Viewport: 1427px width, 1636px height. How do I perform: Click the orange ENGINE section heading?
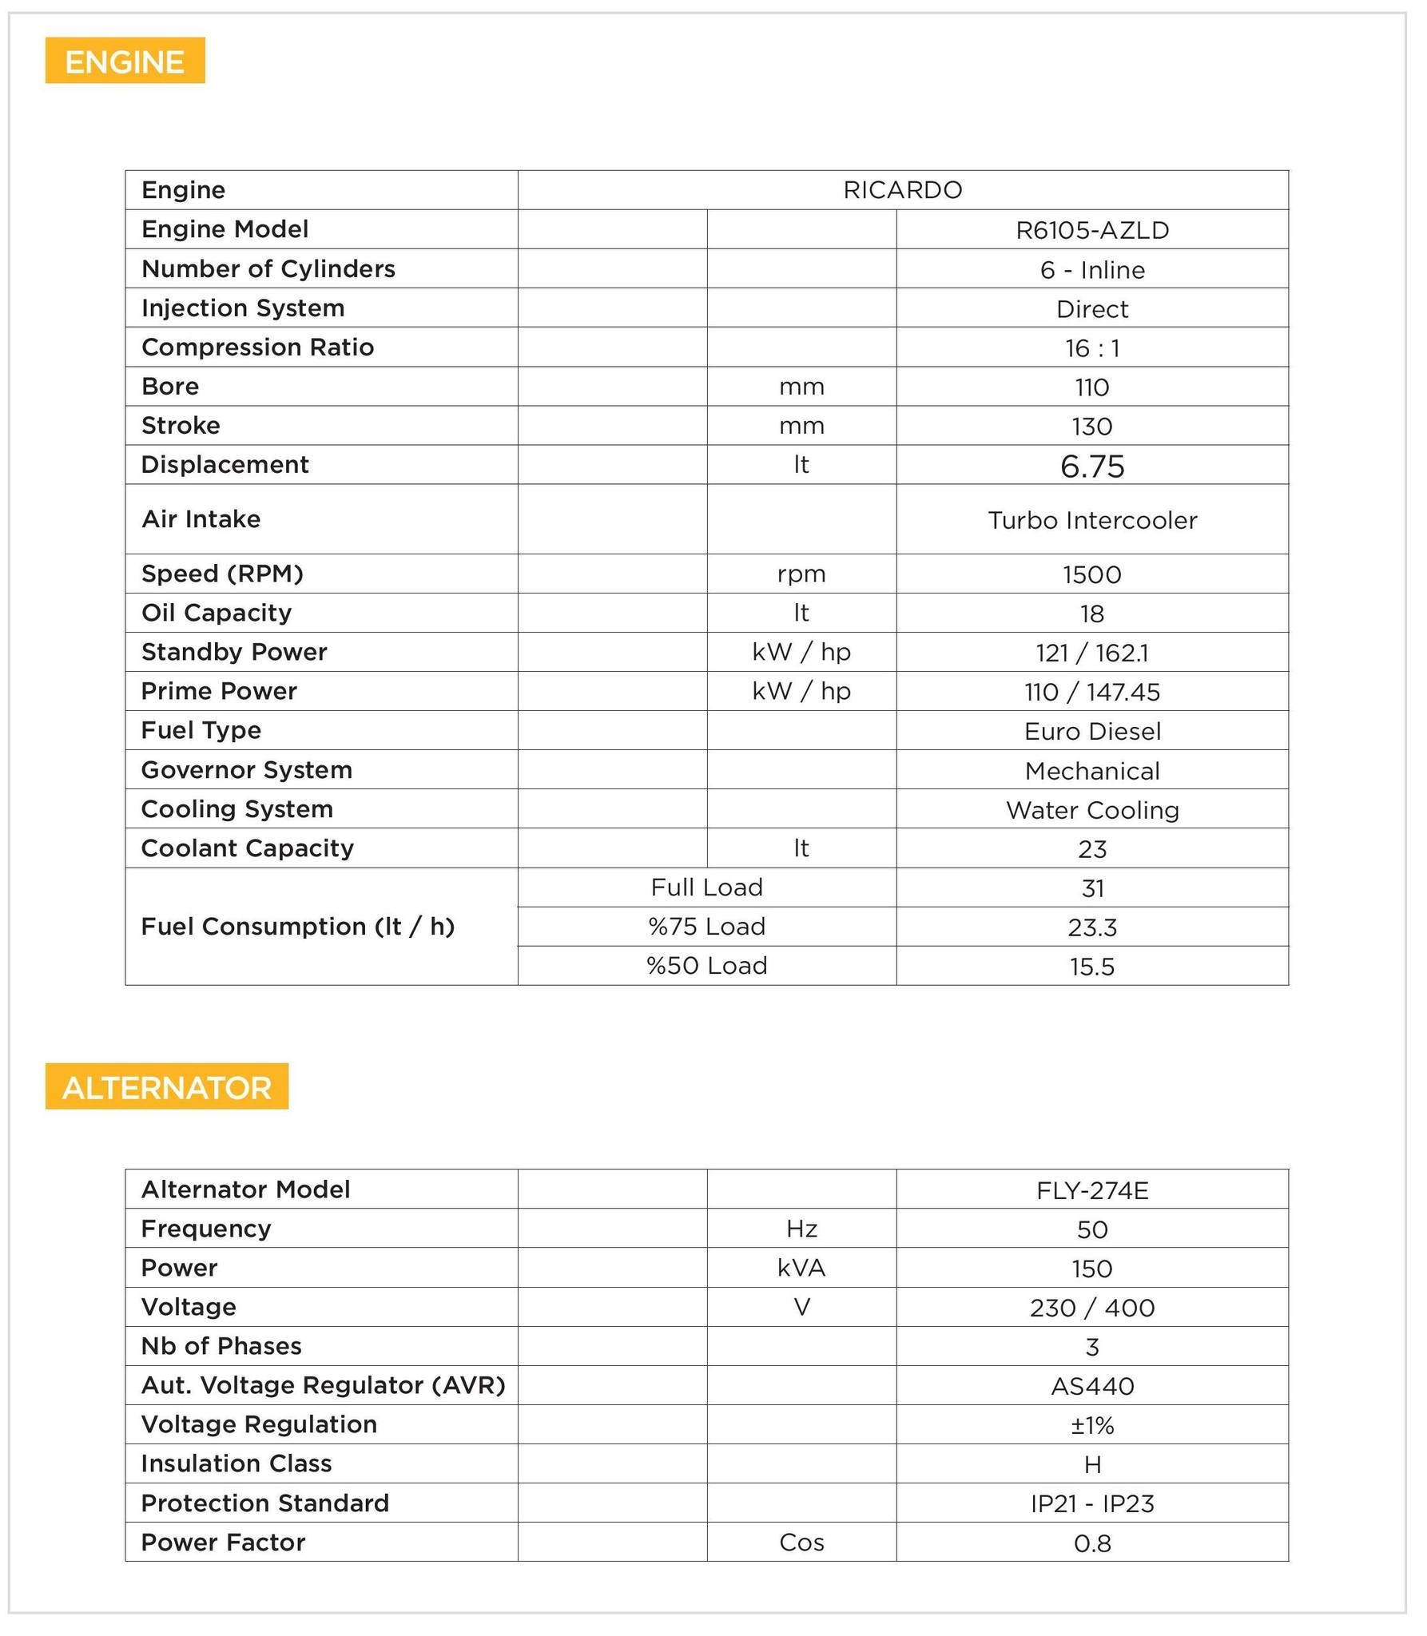tap(125, 62)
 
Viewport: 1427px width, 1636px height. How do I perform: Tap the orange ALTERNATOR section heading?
tap(166, 1087)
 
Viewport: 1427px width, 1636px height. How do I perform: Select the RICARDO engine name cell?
tap(902, 190)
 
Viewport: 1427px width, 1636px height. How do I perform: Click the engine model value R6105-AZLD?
tap(1091, 230)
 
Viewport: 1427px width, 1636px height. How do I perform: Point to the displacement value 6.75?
tap(1091, 466)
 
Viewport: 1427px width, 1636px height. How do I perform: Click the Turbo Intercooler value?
tap(1091, 520)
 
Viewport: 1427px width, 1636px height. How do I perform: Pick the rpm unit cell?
tap(801, 574)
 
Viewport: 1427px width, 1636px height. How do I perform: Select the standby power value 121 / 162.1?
tap(1091, 653)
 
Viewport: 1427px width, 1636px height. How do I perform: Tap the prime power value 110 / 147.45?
tap(1091, 692)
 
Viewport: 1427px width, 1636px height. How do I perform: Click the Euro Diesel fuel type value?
tap(1091, 731)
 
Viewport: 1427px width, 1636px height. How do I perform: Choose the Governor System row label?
tap(246, 770)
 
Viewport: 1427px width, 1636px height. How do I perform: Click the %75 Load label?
tap(706, 927)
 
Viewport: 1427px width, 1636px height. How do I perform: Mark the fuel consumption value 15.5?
tap(1091, 967)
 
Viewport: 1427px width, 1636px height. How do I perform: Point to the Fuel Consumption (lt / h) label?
tap(297, 927)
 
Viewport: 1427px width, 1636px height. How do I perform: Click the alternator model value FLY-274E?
tap(1091, 1190)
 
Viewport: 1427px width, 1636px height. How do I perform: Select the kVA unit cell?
tap(801, 1268)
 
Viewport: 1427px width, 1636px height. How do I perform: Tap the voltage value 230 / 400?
tap(1091, 1308)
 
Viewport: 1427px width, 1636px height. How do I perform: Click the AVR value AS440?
tap(1091, 1386)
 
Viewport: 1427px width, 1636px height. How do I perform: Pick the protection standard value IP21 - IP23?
tap(1091, 1503)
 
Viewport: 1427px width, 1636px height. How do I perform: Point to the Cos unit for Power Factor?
tap(801, 1543)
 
